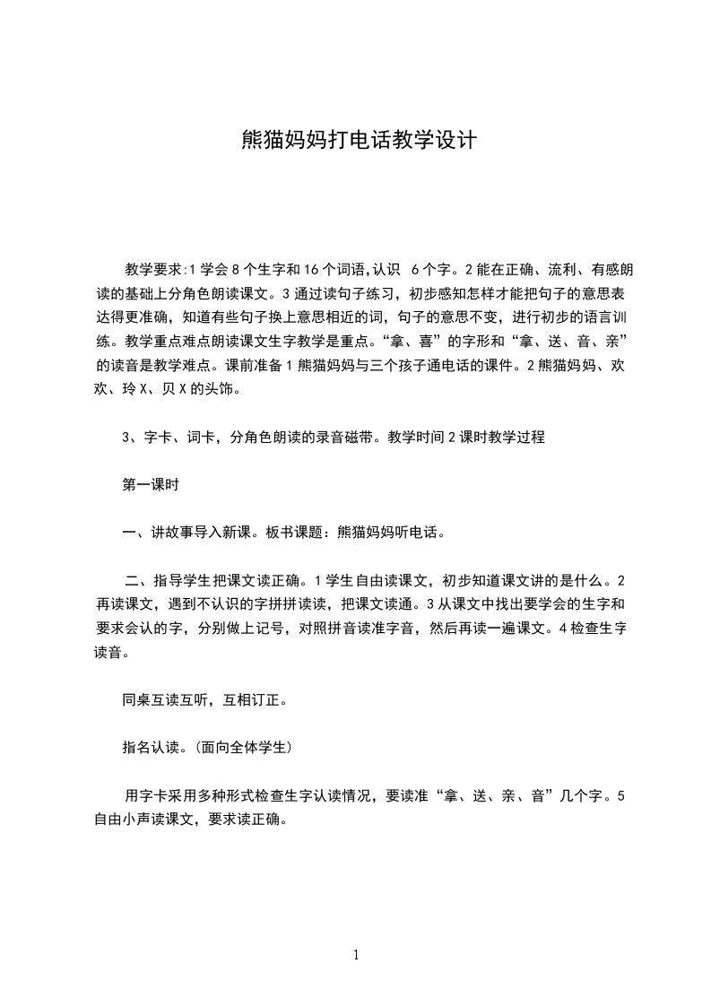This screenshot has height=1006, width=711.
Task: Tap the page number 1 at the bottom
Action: [x=356, y=955]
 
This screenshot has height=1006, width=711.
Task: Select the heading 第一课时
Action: [x=151, y=484]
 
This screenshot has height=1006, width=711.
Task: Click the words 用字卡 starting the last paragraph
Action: [x=143, y=794]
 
